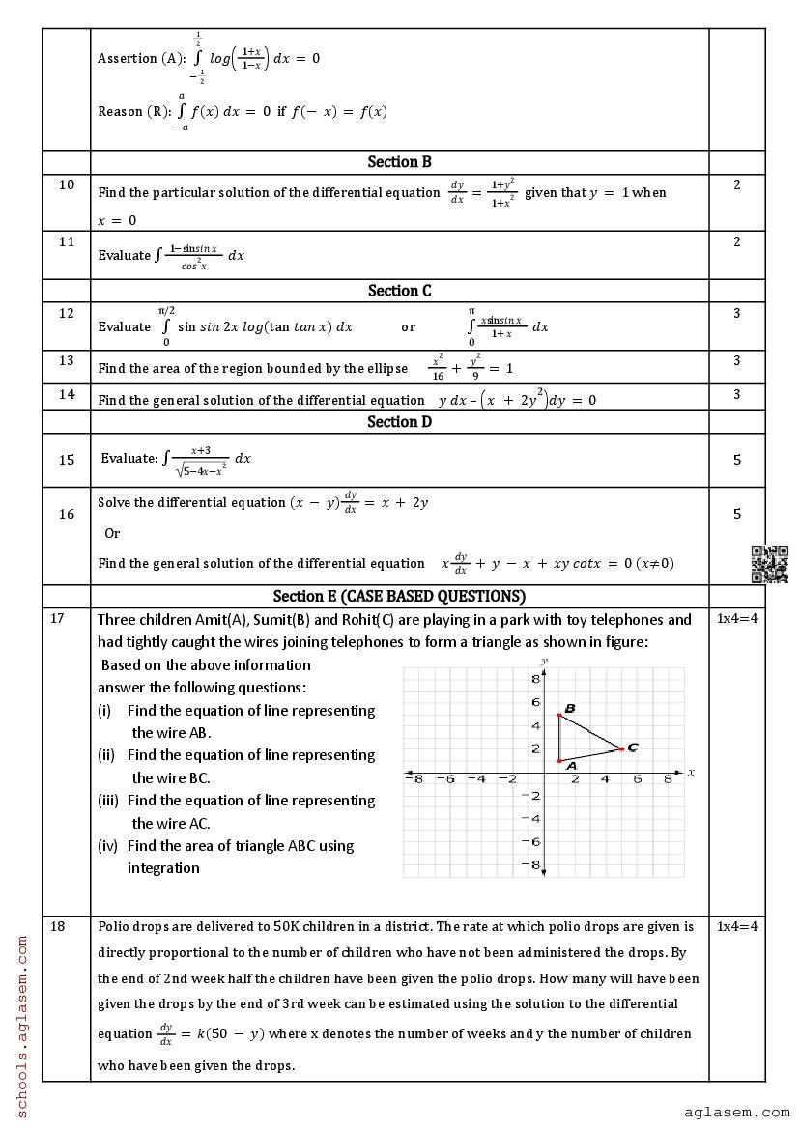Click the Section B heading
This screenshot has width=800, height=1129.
[399, 162]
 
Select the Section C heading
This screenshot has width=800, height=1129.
[399, 291]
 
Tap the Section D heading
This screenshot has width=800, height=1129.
[399, 422]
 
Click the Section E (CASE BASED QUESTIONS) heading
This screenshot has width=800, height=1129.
[399, 596]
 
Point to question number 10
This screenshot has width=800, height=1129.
[67, 184]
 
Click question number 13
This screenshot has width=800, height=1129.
[67, 360]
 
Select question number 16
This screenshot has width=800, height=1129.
[67, 514]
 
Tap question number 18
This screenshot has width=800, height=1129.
[58, 926]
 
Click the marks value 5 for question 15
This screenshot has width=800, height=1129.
[737, 460]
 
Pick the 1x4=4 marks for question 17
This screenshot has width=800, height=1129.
[737, 619]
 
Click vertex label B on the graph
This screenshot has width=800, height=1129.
[570, 709]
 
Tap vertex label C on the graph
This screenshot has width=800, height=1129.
[632, 748]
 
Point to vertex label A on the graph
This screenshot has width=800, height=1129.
[571, 766]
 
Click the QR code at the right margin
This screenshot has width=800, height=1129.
[770, 565]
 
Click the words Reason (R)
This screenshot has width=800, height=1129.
[134, 111]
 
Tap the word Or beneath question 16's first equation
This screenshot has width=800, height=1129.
[112, 533]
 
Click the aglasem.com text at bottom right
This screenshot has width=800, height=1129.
[736, 1113]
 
